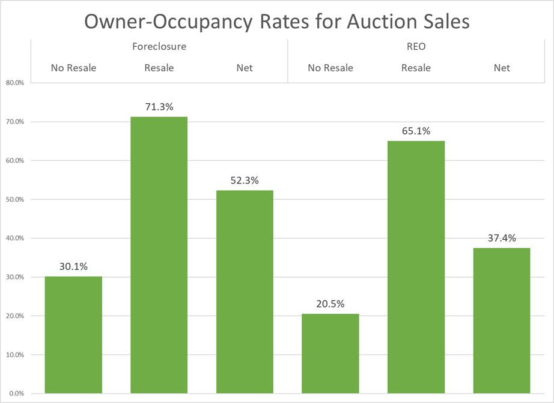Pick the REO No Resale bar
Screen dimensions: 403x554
(x=330, y=353)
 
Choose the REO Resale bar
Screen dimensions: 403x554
(x=416, y=267)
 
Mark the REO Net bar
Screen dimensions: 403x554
(x=502, y=320)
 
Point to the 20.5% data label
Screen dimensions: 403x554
(x=330, y=304)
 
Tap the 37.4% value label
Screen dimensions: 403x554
(x=502, y=238)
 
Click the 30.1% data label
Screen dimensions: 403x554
(x=73, y=267)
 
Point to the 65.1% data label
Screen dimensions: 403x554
(x=416, y=131)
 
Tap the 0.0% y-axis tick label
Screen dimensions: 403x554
(x=14, y=393)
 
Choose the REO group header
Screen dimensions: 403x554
(x=416, y=46)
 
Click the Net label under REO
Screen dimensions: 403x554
(x=502, y=68)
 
